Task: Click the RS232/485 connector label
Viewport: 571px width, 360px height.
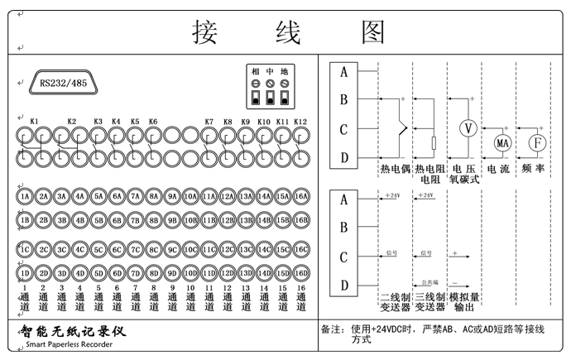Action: [x=63, y=84]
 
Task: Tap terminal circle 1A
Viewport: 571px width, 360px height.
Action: [x=25, y=197]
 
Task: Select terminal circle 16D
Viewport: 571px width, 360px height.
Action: [x=302, y=273]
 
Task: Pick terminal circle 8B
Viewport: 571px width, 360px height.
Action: [x=154, y=220]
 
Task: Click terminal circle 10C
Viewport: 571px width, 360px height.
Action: [x=191, y=249]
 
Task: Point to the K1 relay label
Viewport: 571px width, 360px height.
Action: [x=34, y=122]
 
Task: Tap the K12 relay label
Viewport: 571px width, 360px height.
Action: [x=300, y=122]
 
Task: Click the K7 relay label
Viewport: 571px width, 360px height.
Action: [x=209, y=122]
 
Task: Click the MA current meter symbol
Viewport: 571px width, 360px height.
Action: [x=502, y=143]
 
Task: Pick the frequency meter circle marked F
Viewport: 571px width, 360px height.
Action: [x=537, y=143]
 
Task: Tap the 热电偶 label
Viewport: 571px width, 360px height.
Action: [x=395, y=168]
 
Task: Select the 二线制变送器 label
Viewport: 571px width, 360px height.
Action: [x=395, y=301]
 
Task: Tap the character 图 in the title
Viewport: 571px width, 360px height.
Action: [x=373, y=31]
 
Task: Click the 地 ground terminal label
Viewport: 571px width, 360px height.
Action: [x=285, y=72]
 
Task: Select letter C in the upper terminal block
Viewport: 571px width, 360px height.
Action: [x=343, y=128]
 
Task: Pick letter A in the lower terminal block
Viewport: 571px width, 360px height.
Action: [x=343, y=199]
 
